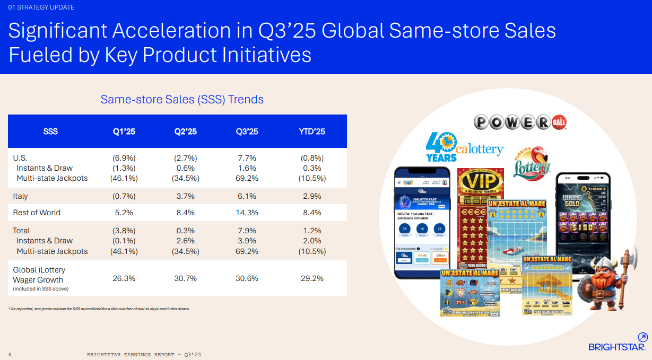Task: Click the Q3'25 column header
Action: pyautogui.click(x=246, y=131)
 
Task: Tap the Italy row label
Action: pyautogui.click(x=20, y=196)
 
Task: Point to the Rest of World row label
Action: pyautogui.click(x=37, y=213)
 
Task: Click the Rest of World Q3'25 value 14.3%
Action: pyautogui.click(x=246, y=213)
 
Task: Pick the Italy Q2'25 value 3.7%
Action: pyautogui.click(x=185, y=196)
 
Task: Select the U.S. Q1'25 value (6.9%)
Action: pyautogui.click(x=124, y=158)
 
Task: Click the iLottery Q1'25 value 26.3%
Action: pyautogui.click(x=124, y=278)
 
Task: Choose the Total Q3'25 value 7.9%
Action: pyautogui.click(x=246, y=231)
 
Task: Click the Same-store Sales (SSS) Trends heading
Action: pyautogui.click(x=182, y=99)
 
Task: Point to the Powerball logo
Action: pyautogui.click(x=520, y=122)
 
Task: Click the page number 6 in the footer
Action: pyautogui.click(x=10, y=354)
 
